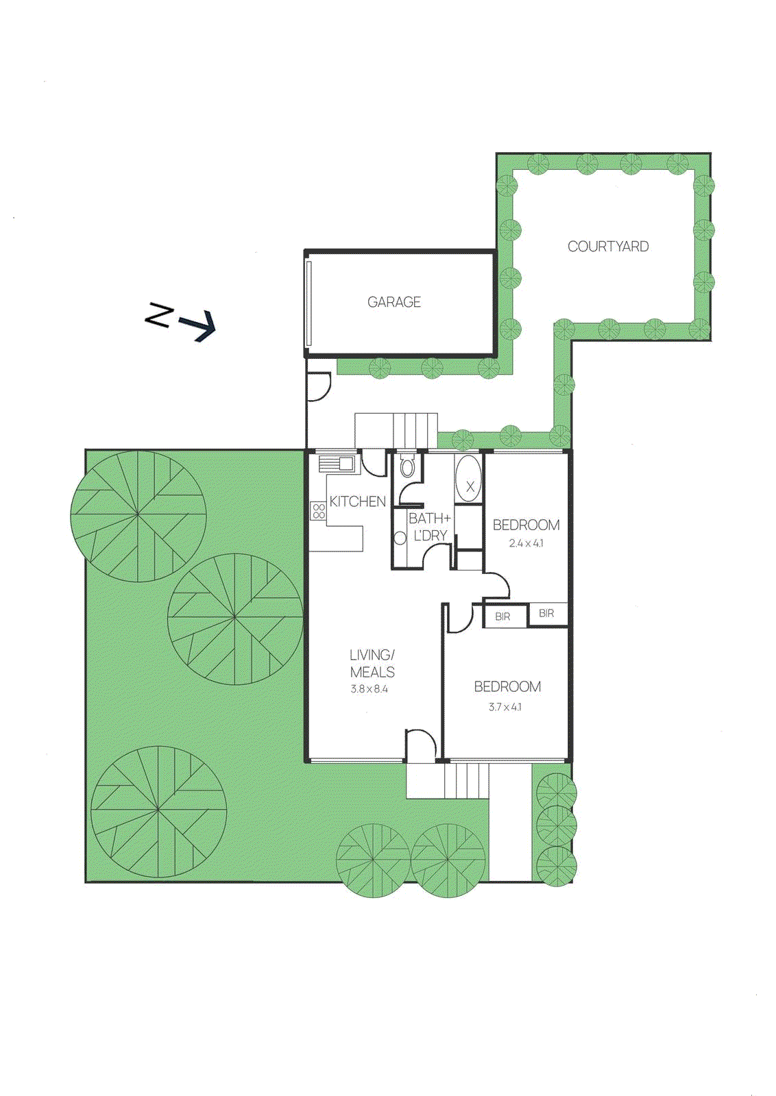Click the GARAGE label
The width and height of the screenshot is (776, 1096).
pyautogui.click(x=393, y=302)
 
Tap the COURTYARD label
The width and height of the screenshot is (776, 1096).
pyautogui.click(x=608, y=247)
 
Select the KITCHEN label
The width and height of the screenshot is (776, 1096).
pyautogui.click(x=357, y=501)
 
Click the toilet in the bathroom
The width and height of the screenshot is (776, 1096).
pyautogui.click(x=407, y=466)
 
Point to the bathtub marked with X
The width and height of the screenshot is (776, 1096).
pyautogui.click(x=469, y=479)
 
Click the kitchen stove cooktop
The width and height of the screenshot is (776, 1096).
pyautogui.click(x=318, y=511)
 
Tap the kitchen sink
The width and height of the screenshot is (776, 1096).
pyautogui.click(x=339, y=464)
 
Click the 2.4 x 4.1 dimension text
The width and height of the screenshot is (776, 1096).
pyautogui.click(x=526, y=543)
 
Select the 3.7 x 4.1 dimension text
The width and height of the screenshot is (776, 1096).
pyautogui.click(x=505, y=707)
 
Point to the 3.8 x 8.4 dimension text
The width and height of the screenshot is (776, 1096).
pyautogui.click(x=369, y=689)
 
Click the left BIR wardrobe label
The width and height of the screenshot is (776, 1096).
pyautogui.click(x=502, y=616)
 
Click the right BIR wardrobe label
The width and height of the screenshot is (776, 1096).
pyautogui.click(x=546, y=613)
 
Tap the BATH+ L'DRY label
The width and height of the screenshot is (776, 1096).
pyautogui.click(x=430, y=527)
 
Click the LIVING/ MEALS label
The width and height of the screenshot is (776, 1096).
pyautogui.click(x=372, y=663)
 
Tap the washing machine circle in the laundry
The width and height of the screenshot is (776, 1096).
pyautogui.click(x=400, y=538)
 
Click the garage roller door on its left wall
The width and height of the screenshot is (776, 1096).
pyautogui.click(x=309, y=303)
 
